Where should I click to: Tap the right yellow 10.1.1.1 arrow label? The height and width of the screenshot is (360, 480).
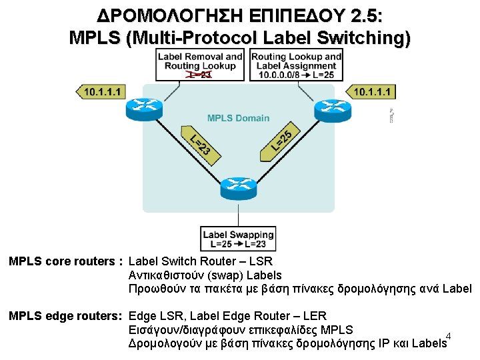click(371, 91)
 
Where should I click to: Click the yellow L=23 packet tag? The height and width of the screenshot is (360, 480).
click(199, 143)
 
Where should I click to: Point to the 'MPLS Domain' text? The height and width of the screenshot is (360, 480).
click(238, 118)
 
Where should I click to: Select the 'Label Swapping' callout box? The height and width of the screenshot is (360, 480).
click(238, 239)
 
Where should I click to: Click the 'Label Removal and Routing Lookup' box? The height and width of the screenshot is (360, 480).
click(200, 64)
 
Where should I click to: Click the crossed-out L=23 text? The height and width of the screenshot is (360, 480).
click(199, 75)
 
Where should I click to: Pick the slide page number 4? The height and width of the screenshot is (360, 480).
click(449, 335)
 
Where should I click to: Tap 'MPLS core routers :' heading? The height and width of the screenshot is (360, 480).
click(64, 261)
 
